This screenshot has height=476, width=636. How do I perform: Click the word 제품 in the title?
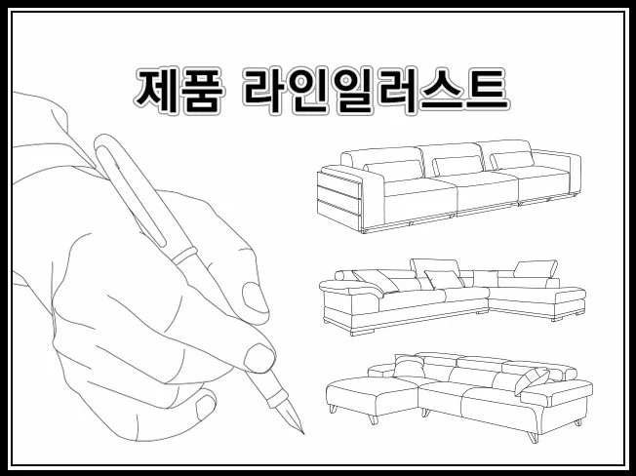click(179, 91)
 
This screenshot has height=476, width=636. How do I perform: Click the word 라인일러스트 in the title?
click(376, 91)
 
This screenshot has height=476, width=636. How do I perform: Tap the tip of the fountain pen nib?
click(303, 433)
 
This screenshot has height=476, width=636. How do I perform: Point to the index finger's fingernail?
click(259, 358)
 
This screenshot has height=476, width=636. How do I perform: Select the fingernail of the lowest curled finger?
click(205, 406)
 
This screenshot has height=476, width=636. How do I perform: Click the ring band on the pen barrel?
click(184, 256)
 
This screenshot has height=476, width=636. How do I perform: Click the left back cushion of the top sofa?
click(394, 171)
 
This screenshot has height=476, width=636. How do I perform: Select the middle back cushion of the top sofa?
click(457, 166)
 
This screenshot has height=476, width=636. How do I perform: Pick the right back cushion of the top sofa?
click(512, 160)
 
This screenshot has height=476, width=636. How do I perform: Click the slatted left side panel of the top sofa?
click(339, 200)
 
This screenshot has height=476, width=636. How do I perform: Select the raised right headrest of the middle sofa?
click(536, 269)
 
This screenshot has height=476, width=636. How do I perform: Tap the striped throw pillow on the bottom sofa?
click(532, 381)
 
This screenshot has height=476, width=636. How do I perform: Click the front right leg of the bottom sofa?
click(533, 437)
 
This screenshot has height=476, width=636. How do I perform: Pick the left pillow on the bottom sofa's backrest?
click(410, 366)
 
